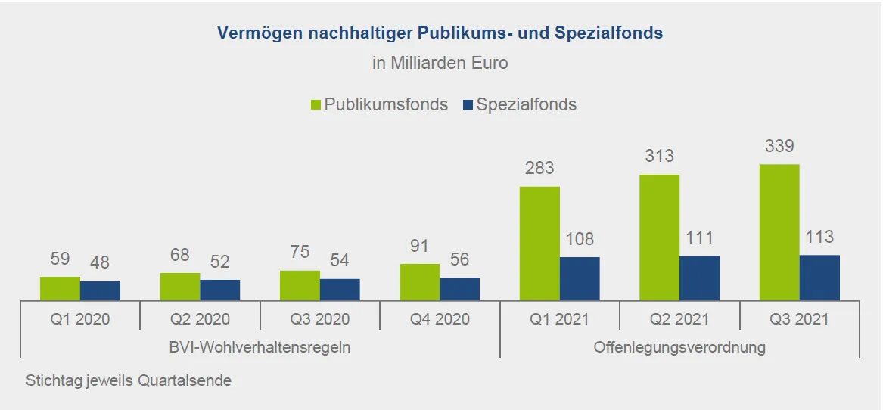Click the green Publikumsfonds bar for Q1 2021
(539, 244)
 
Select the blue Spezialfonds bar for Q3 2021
(819, 278)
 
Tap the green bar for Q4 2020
(420, 282)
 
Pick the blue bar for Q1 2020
(100, 291)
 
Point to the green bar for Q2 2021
(659, 238)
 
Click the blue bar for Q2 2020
(220, 290)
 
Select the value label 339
(779, 146)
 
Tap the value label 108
(580, 240)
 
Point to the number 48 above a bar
(100, 263)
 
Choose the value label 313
(659, 157)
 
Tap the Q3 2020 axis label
(320, 319)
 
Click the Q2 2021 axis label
(679, 319)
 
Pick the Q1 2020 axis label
(80, 319)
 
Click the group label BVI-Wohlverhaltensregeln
(260, 347)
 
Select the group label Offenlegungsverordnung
(679, 347)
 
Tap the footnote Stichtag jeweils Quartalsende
(129, 380)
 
